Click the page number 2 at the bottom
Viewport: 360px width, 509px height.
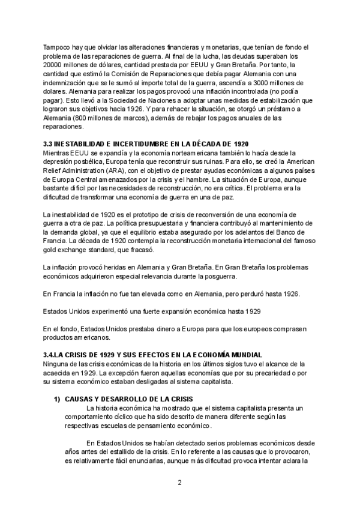click(179, 481)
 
